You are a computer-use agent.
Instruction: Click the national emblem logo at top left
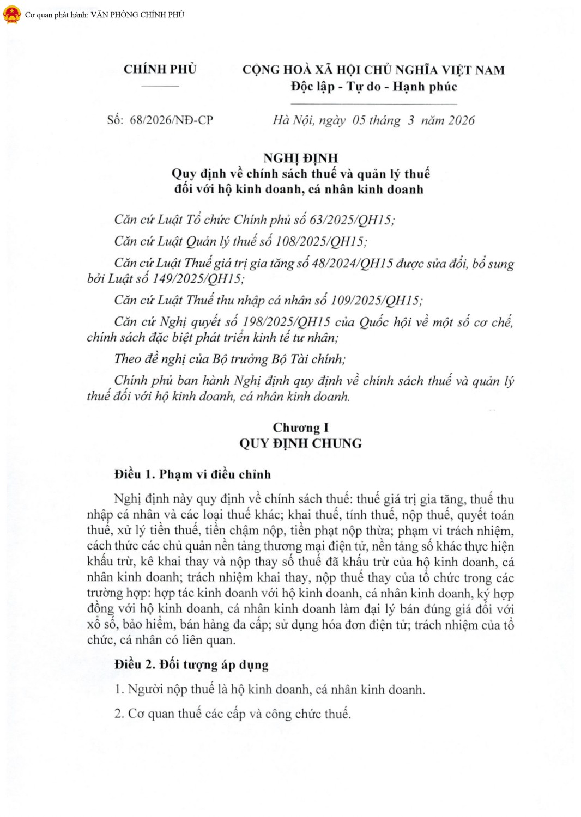coord(11,15)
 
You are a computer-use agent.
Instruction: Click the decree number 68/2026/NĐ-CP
coord(171,120)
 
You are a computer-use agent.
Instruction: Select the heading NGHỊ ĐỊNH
coord(300,158)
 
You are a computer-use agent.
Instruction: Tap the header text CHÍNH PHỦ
coord(160,69)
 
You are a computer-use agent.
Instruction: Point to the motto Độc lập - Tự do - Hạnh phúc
coord(373,87)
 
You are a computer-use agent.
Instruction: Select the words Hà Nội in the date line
coord(293,120)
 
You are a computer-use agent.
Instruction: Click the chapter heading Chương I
coord(300,428)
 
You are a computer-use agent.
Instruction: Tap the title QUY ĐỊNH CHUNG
coord(300,443)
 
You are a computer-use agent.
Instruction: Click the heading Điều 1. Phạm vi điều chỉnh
coord(192,474)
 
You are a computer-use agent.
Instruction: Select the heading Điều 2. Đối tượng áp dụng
coord(191,664)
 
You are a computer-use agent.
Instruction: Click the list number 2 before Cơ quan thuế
coord(118,714)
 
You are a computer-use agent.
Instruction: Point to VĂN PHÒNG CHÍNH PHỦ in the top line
coord(137,15)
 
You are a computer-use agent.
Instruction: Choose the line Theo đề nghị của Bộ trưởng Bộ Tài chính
coord(229,359)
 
